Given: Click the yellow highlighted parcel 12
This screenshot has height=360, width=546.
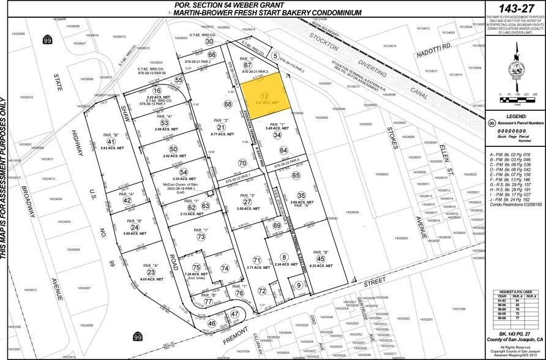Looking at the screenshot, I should (x=263, y=92).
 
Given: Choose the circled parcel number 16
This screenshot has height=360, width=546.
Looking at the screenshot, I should (x=149, y=90).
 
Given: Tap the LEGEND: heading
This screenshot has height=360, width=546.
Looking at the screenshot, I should (x=513, y=115).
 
